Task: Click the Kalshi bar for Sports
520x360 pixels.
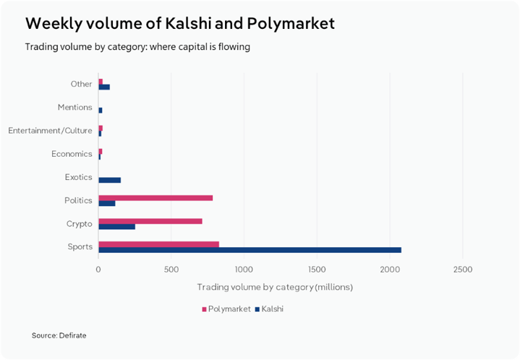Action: (250, 250)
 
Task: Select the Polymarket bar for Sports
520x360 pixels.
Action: (158, 244)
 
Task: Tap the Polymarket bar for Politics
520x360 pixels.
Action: (155, 197)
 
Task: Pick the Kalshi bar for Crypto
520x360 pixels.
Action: (116, 227)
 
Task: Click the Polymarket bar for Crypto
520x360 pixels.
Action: (150, 221)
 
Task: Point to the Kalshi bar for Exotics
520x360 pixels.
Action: (109, 180)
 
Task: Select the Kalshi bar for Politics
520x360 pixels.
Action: (106, 203)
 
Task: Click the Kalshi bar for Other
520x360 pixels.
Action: (104, 87)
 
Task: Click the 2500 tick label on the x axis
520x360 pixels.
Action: (462, 270)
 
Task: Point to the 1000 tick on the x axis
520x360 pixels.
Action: (244, 270)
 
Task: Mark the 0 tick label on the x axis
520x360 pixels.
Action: (98, 270)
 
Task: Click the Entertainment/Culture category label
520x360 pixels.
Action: (50, 131)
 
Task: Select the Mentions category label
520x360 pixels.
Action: (74, 108)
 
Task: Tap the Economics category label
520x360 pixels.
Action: (72, 154)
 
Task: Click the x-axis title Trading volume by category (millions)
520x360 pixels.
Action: (275, 288)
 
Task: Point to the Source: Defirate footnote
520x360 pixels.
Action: (59, 335)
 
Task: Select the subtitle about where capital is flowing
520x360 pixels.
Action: (137, 47)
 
